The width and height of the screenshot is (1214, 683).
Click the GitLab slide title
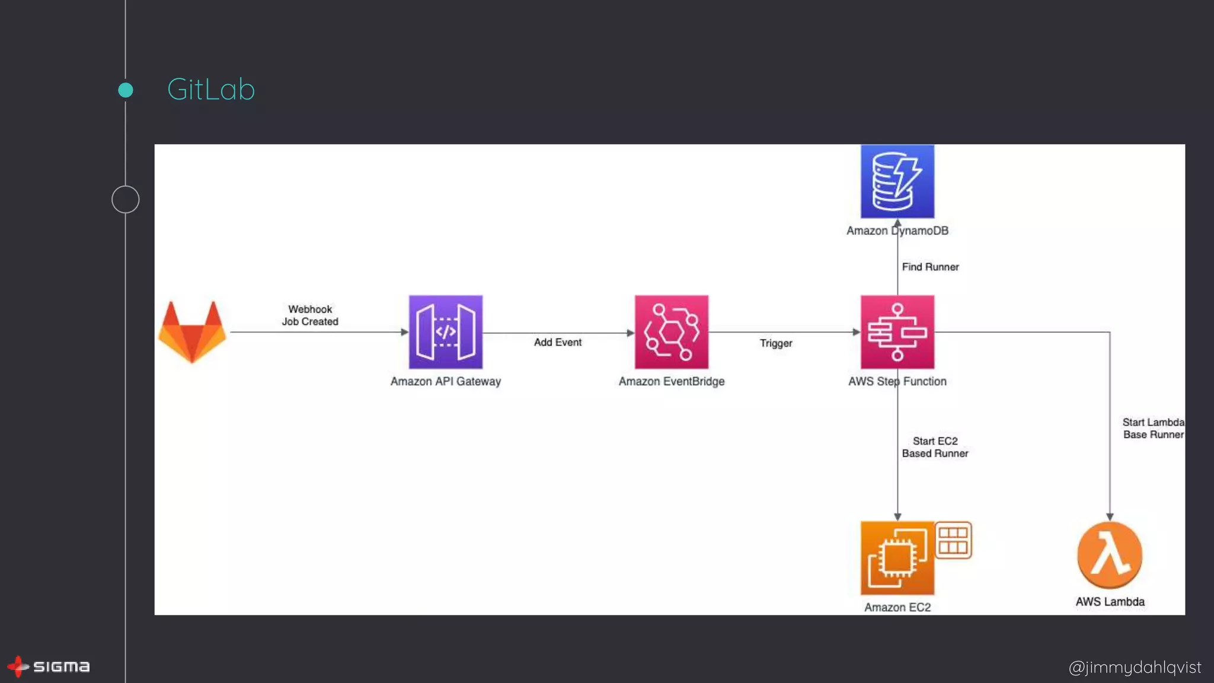pos(210,90)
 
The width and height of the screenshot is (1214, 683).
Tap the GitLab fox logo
pos(192,332)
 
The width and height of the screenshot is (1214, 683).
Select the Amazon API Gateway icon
pos(445,332)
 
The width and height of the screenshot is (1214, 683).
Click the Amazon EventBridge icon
pos(671,332)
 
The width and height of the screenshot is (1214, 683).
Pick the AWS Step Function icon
pos(897,332)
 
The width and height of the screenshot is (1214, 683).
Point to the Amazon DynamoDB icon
pos(897,181)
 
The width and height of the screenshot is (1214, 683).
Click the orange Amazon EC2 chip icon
pos(897,558)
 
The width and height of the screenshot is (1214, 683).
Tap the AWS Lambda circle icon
pos(1109,555)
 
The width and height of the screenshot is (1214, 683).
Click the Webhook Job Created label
pos(310,315)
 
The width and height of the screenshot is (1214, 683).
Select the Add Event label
pos(557,342)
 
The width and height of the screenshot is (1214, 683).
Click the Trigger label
pos(775,343)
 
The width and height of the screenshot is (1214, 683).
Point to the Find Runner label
pos(929,267)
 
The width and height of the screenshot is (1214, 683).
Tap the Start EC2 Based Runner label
pos(935,447)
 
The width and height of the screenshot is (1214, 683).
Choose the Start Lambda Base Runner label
pos(1152,428)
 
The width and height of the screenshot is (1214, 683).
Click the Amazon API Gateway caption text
pos(445,381)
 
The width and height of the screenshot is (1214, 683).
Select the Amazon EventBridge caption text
pos(671,381)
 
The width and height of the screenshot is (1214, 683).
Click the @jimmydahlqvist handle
pos(1134,668)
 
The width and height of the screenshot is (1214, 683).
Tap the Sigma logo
pos(49,666)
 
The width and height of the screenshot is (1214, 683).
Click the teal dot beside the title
pos(125,90)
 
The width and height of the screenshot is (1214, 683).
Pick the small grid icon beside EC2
pos(953,540)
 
